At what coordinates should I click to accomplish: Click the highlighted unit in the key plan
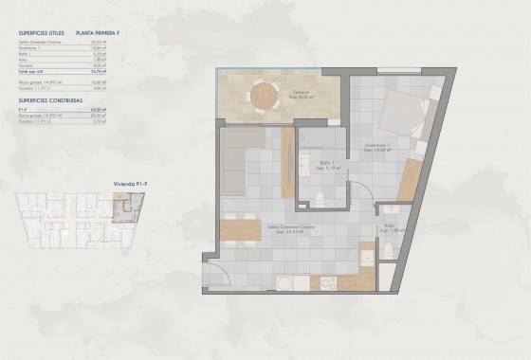pos(124,206)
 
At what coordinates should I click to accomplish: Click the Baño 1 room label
pos(326,165)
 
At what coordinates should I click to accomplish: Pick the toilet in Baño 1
pos(320,198)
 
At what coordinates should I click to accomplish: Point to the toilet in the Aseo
pos(388,251)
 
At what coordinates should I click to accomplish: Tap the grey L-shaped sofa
pos(248,161)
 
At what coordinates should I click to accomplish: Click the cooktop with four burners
pos(326,283)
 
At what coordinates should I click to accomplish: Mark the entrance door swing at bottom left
pos(216,276)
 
